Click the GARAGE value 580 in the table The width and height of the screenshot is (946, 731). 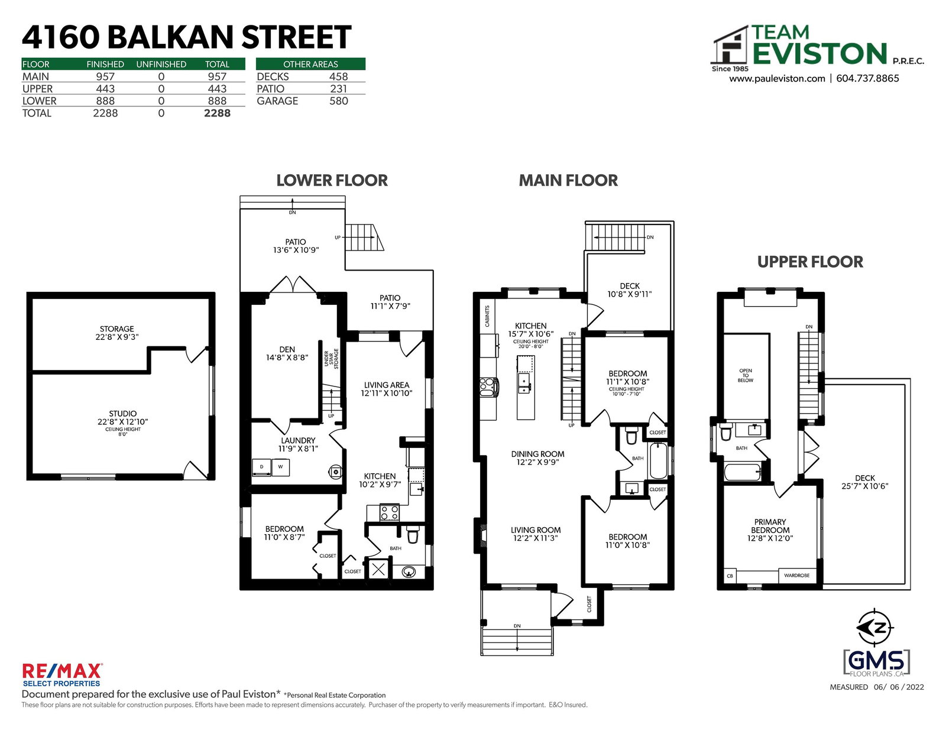coord(338,101)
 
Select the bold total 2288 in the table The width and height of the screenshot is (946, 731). coord(217,113)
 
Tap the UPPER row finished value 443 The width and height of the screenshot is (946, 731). coord(105,89)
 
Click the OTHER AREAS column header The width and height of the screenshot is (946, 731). coord(310,64)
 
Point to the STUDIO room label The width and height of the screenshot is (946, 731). coord(123,413)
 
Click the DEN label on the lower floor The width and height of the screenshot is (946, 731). coord(287,349)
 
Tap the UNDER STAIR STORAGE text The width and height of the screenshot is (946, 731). coord(331,359)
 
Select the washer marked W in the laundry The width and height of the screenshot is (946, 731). coord(280,467)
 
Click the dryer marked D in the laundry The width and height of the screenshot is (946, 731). coord(262,467)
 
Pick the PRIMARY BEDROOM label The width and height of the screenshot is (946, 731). coord(770,526)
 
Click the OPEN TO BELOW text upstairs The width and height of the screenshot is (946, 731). coord(746,375)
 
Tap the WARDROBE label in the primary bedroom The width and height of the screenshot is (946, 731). coord(796,575)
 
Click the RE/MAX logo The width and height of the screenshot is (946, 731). coord(62,675)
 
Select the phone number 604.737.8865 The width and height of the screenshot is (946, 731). coord(867,79)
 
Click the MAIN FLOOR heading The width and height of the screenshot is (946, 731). coord(568,181)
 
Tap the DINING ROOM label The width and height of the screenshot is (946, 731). coord(537,454)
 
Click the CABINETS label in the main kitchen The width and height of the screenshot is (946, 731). coord(487,316)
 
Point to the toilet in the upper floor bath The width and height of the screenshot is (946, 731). coord(725,431)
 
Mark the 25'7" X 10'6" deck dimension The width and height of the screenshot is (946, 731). coord(864,486)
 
